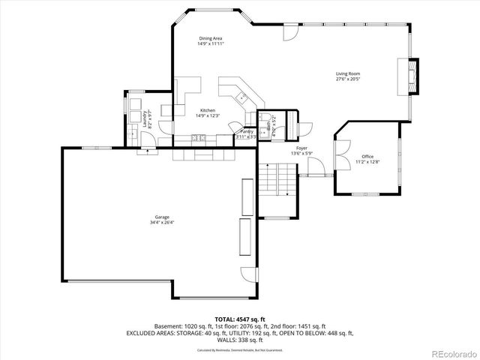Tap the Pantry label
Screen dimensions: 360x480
pyautogui.click(x=247, y=131)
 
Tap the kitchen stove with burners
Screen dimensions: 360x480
pyautogui.click(x=199, y=137)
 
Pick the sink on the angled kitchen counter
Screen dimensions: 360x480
pyautogui.click(x=241, y=96)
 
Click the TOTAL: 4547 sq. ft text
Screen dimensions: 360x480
pyautogui.click(x=239, y=319)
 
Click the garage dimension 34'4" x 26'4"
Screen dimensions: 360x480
pyautogui.click(x=161, y=223)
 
